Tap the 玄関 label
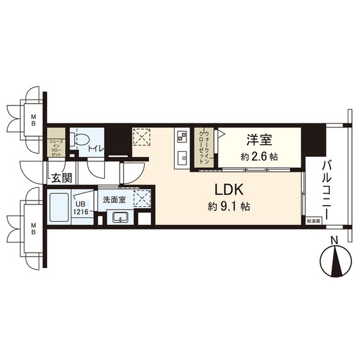pos(62,178)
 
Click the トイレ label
pos(96,149)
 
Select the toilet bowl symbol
pos(82,140)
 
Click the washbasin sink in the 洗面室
pos(120,217)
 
